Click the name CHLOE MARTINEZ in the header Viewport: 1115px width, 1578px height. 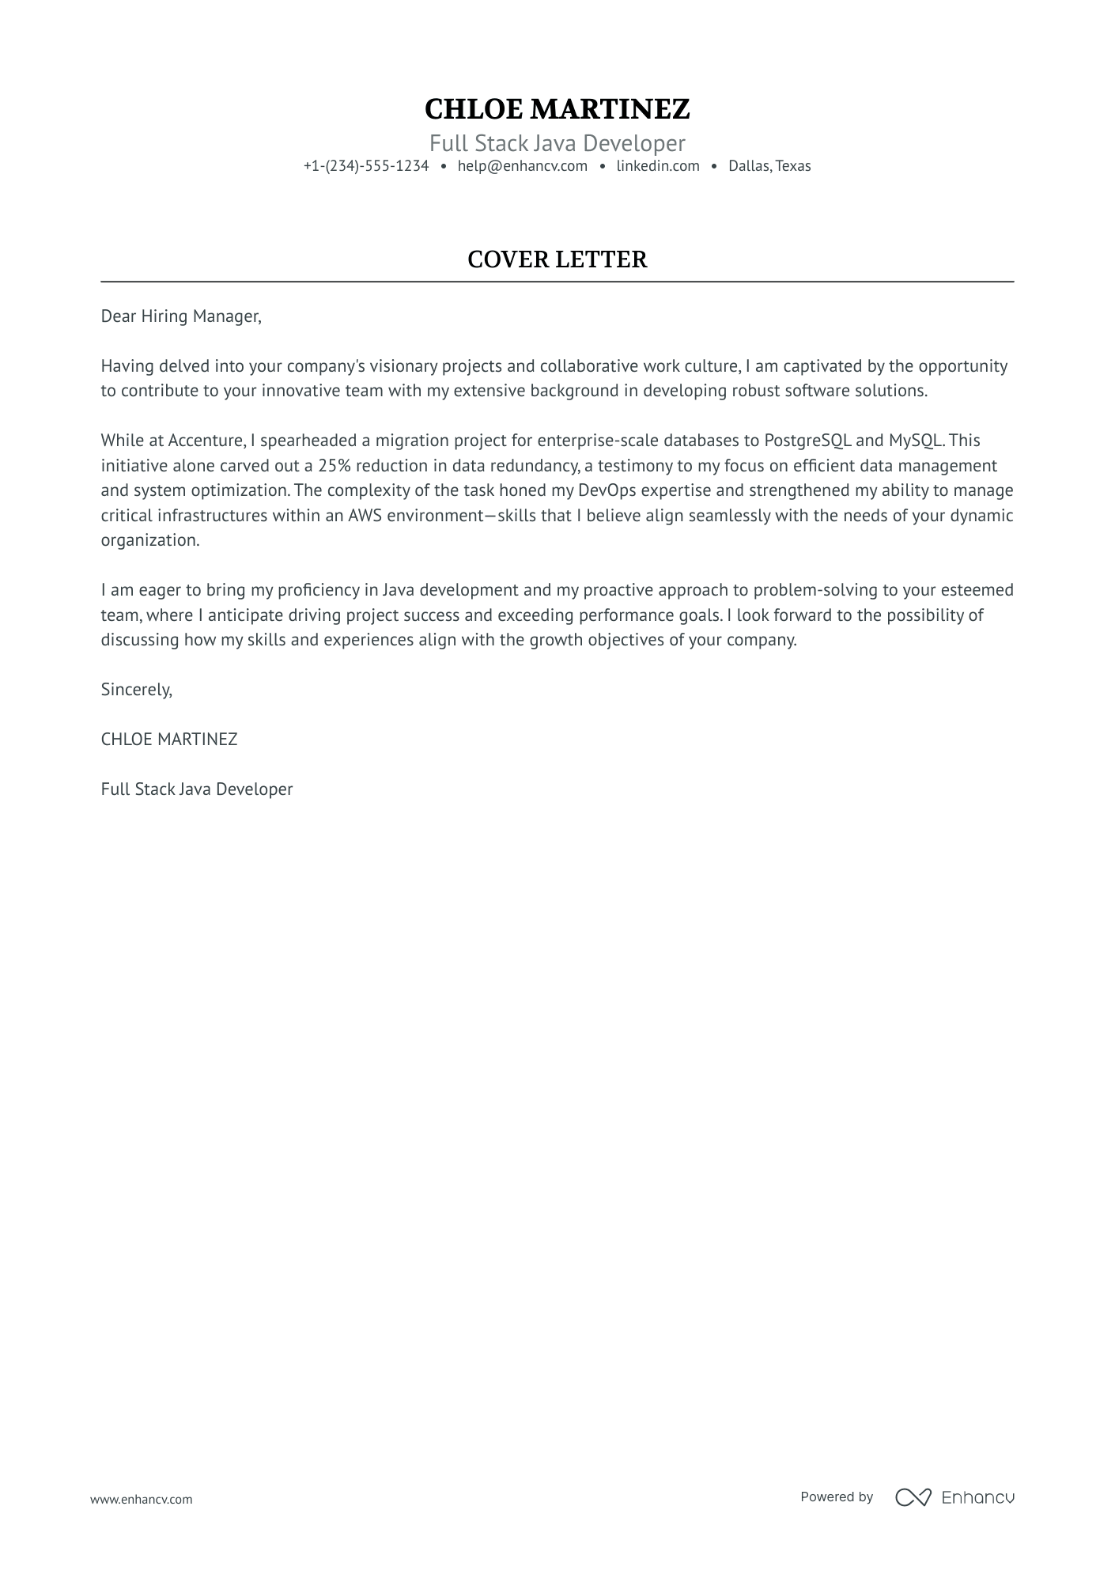click(557, 109)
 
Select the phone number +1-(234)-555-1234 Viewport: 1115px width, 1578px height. click(365, 166)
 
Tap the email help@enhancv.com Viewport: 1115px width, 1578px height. click(522, 166)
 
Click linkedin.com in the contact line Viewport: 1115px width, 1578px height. click(658, 166)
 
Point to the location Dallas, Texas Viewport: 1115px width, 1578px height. click(769, 166)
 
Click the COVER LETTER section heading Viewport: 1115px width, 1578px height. click(557, 259)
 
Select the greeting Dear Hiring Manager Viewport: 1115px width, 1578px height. click(180, 316)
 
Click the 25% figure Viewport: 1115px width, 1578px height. click(334, 466)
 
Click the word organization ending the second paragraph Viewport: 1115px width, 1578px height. click(149, 540)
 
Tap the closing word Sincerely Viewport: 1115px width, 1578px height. click(136, 690)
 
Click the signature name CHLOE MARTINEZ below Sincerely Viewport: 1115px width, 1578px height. click(168, 740)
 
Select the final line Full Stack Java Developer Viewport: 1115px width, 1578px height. click(196, 789)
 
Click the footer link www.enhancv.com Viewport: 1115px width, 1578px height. click(141, 1499)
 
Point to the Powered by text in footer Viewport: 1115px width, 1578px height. click(836, 1497)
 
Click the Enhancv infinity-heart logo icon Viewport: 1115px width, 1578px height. click(913, 1497)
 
